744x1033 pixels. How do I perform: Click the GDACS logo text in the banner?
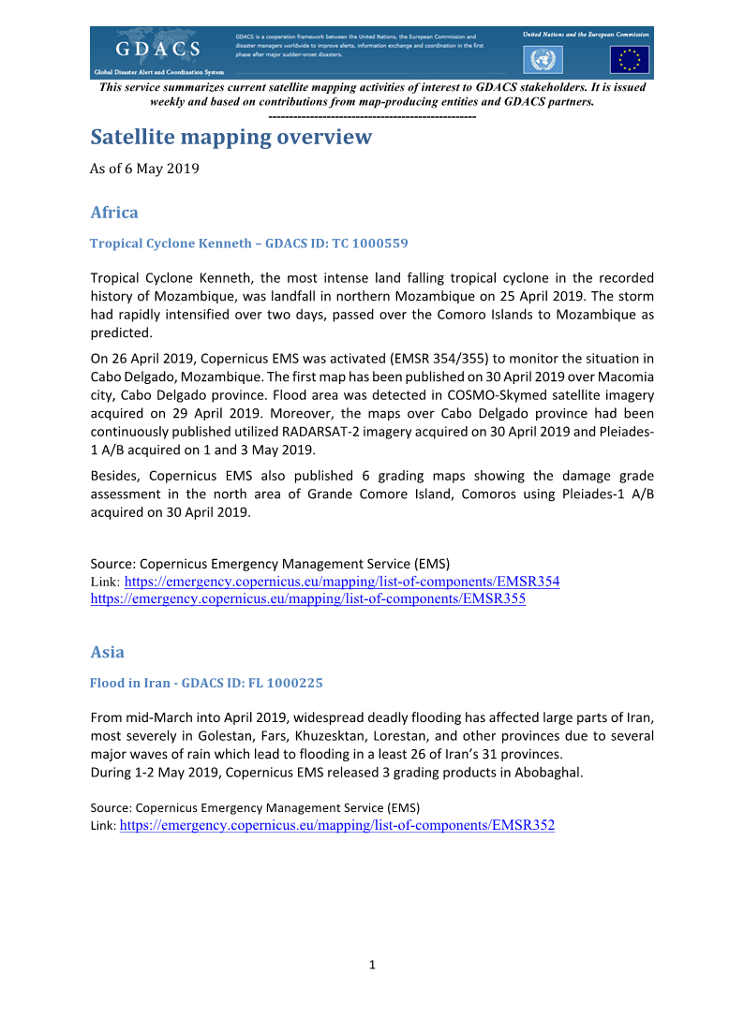(x=157, y=49)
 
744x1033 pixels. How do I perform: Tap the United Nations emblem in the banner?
(x=542, y=60)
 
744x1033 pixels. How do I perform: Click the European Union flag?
(x=629, y=60)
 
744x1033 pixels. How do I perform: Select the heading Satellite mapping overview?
(x=231, y=138)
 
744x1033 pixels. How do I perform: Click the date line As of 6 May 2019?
(x=144, y=169)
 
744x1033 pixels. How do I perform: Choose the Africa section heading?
(x=114, y=213)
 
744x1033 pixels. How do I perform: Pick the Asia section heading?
(x=107, y=652)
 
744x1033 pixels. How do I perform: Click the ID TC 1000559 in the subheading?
(x=375, y=243)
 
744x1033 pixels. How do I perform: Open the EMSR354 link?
(x=342, y=582)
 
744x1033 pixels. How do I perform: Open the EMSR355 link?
(x=307, y=599)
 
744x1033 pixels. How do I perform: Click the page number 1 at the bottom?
(x=372, y=966)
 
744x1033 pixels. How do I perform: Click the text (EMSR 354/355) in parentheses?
(x=463, y=360)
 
